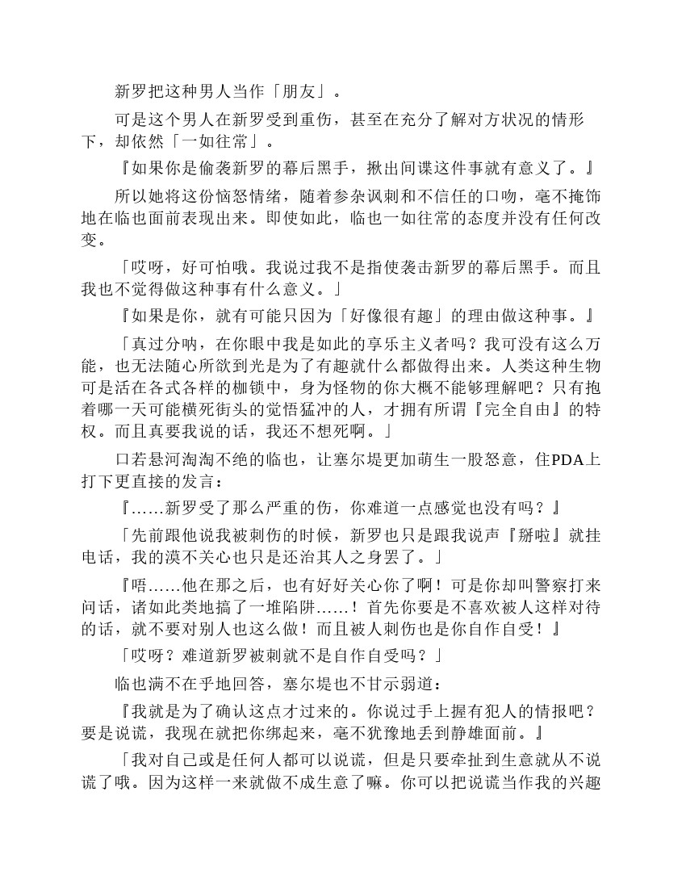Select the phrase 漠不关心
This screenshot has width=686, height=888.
coord(219,556)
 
